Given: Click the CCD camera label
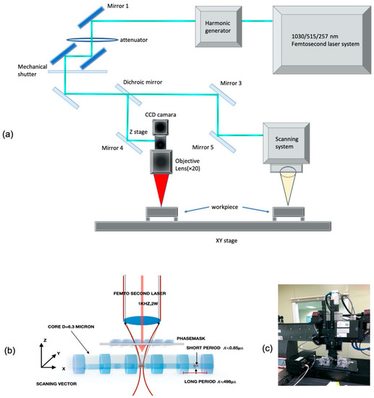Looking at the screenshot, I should click(164, 114).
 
